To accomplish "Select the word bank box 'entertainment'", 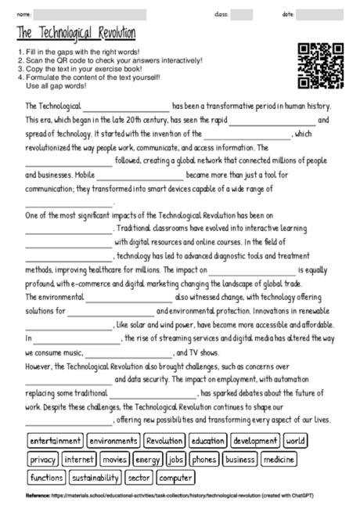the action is tap(55, 441).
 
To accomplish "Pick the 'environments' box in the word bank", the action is tap(114, 441).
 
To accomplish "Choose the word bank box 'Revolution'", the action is tap(165, 441).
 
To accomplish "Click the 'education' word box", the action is tap(207, 441).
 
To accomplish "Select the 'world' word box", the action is tap(296, 441).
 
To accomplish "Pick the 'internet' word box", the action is tap(79, 459).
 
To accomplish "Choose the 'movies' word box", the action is tap(114, 459).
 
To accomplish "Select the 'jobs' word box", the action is tap(176, 459).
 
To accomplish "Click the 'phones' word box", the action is tap(203, 459).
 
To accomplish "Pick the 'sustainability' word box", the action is tap(95, 477).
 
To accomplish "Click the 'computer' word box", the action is tap(175, 477).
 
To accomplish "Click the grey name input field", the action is tap(90, 14).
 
